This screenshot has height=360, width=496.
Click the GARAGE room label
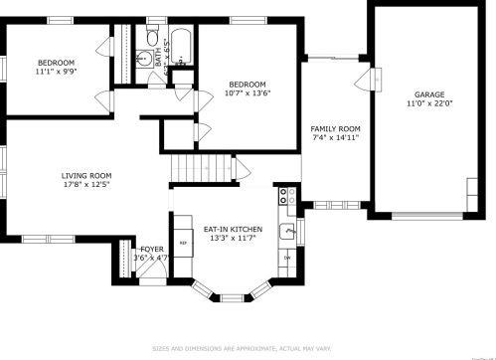[429, 94]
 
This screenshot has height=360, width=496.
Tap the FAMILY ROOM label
[335, 129]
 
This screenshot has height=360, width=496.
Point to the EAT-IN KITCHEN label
[232, 230]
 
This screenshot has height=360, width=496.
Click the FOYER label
[151, 249]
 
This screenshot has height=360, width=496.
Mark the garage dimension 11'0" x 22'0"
[429, 104]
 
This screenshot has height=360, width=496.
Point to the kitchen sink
[286, 232]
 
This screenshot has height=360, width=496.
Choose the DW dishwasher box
[286, 258]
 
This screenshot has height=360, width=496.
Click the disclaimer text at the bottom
[248, 348]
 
